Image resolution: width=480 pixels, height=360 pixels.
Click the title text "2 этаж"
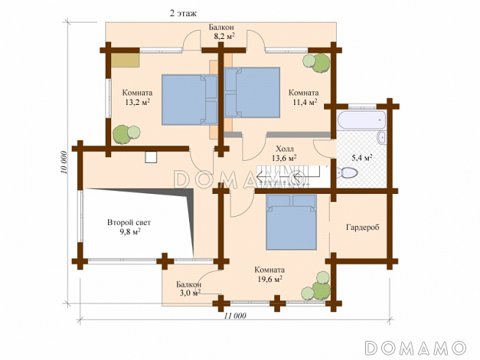pos(183,14)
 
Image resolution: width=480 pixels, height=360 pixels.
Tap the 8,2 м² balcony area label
pos(224,37)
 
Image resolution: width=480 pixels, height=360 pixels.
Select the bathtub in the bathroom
pos(361,119)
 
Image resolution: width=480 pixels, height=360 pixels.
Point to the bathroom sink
pos(381,137)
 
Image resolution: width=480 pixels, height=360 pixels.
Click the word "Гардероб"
pos(362,227)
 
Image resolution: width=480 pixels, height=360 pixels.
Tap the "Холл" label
pos(285,149)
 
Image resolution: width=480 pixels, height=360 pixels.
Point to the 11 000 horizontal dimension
pos(235,316)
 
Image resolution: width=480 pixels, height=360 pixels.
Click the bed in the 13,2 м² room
pos(190,100)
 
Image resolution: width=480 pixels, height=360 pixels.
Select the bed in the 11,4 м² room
pos(252,93)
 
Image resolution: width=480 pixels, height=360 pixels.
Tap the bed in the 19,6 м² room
pos(291,222)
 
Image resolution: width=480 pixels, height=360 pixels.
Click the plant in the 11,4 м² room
pos(317,63)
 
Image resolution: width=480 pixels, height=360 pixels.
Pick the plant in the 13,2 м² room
pos(126,134)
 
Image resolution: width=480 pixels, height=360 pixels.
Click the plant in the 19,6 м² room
pos(316,286)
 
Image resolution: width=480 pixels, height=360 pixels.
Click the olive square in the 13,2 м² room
pos(126,60)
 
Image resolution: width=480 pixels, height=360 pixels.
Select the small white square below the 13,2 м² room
pos(151,157)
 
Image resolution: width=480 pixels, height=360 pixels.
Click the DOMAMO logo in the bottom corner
pos(416,348)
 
